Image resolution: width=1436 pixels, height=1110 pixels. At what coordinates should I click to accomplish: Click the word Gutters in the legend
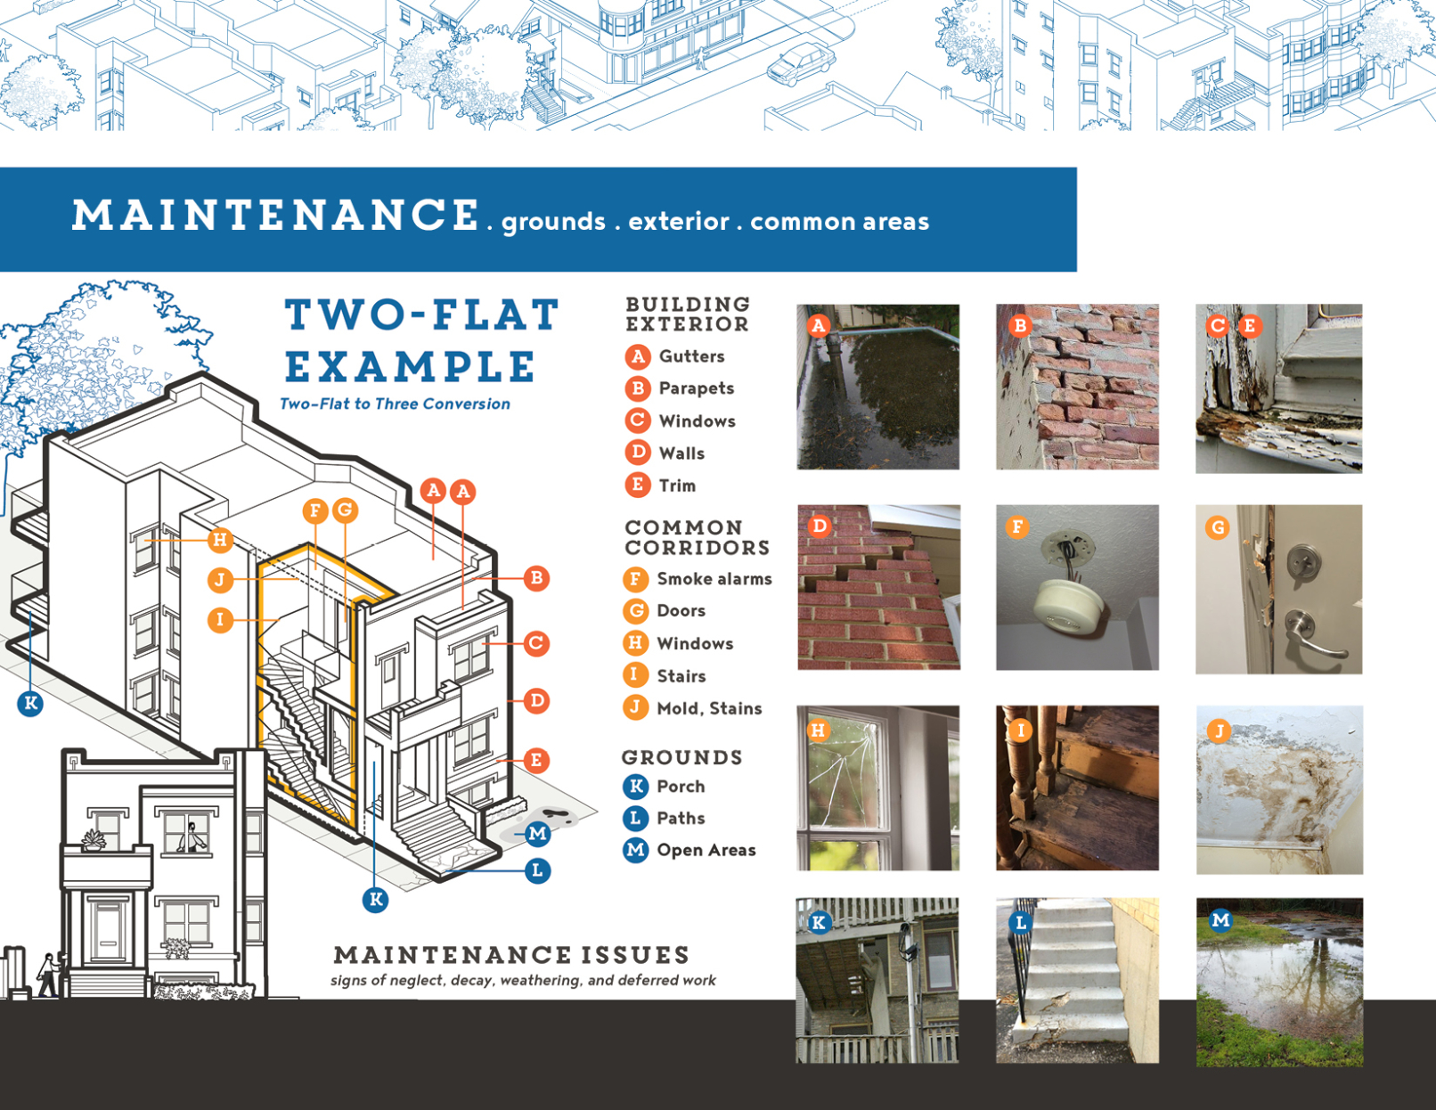pos(691,356)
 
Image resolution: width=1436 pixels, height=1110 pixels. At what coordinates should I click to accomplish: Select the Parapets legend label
pos(697,388)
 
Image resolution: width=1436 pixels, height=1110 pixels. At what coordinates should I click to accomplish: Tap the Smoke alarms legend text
pos(714,579)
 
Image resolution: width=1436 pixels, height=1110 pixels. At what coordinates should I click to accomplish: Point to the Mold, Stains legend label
pos(709,708)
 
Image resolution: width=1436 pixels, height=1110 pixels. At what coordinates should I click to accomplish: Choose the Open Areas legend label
pos(706,850)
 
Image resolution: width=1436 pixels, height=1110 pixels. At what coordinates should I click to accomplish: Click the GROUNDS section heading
pos(682,757)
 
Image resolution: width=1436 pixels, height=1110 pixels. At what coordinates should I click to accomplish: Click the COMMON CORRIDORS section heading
pos(698,537)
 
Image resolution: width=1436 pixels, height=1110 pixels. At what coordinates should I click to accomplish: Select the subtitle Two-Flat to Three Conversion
pos(395,404)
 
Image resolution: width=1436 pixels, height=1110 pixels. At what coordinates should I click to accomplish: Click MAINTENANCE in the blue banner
pos(275,216)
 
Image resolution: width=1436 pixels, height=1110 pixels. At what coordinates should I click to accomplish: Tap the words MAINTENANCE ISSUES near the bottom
pos(511,955)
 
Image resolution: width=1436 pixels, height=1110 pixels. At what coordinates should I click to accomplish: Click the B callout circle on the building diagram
pos(536,579)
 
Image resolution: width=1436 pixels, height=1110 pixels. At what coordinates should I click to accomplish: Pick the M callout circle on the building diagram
pos(537,834)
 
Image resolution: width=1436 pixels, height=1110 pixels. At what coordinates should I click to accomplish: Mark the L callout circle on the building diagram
pos(537,871)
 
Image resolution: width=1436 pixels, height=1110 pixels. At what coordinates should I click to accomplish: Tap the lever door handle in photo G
pos(1312,637)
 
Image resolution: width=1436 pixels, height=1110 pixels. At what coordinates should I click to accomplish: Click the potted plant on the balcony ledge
pos(94,840)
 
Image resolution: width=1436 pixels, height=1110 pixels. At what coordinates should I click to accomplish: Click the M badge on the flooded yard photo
pos(1220,919)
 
